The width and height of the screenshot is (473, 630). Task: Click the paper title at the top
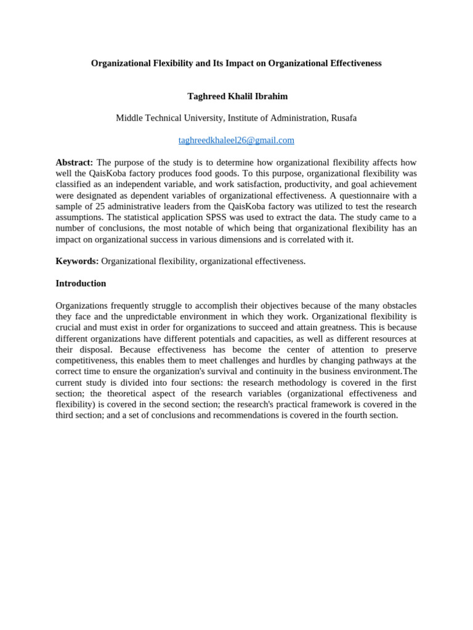click(x=236, y=63)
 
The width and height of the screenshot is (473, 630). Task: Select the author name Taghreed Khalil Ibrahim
click(x=237, y=97)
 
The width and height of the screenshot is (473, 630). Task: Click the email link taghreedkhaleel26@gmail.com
click(x=236, y=140)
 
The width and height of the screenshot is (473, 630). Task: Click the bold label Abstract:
click(x=74, y=162)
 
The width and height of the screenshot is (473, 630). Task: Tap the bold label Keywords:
click(x=77, y=261)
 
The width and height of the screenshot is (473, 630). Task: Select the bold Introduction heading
click(x=81, y=284)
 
